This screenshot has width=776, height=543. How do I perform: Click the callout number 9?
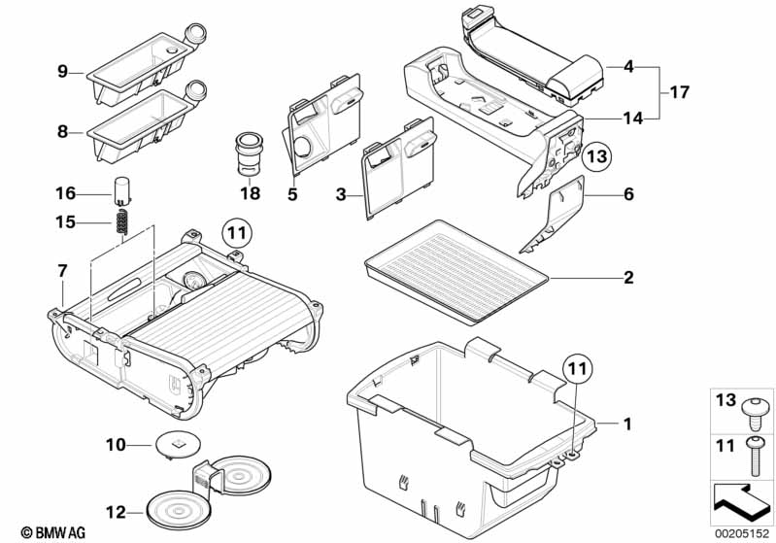coord(62,71)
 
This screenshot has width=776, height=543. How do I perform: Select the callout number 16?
coord(65,191)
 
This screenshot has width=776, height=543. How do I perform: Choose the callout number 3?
coord(341,195)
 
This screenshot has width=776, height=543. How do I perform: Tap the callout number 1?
coord(627,424)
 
